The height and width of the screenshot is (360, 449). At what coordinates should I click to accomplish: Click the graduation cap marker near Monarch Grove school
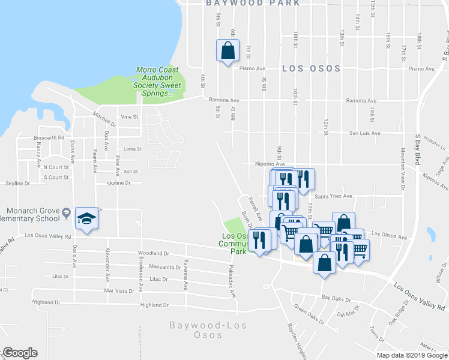click(x=87, y=220)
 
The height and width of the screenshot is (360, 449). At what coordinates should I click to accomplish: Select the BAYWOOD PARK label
click(x=252, y=3)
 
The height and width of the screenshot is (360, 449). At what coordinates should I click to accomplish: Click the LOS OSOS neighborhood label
click(x=311, y=68)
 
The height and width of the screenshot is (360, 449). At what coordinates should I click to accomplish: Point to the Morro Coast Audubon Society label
click(x=158, y=82)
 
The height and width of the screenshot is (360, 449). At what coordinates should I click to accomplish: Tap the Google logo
click(x=19, y=353)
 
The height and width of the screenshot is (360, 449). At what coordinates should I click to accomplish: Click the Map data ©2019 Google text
click(x=412, y=355)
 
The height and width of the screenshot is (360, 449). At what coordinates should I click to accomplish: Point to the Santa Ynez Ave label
click(x=333, y=196)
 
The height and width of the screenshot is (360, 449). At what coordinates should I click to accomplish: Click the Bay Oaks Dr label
click(x=336, y=298)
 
